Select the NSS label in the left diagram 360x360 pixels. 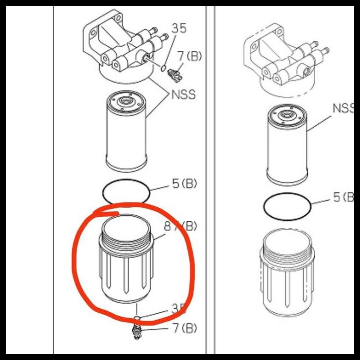click(183, 93)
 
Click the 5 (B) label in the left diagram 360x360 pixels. click(184, 184)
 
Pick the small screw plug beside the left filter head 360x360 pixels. click(175, 75)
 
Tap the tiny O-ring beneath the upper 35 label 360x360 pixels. click(164, 64)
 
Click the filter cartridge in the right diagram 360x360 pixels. click(288, 145)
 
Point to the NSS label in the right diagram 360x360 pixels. click(343, 108)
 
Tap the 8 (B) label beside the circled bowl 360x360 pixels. click(180, 227)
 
